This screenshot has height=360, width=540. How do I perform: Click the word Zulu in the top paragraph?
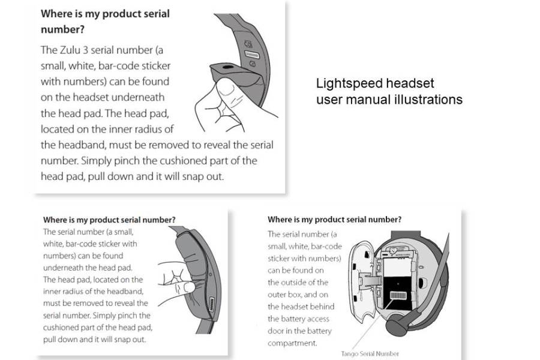click(x=70, y=50)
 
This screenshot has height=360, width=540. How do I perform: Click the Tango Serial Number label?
click(x=370, y=354)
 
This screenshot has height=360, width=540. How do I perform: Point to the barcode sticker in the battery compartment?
click(x=398, y=295)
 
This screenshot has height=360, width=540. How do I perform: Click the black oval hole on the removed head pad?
click(x=227, y=67)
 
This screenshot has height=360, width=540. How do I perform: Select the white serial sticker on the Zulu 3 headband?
click(x=251, y=54)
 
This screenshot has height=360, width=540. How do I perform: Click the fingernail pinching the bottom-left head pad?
click(x=190, y=287)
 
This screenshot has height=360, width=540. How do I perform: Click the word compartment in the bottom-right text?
click(x=292, y=343)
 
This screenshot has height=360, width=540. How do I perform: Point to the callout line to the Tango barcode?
click(x=372, y=325)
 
